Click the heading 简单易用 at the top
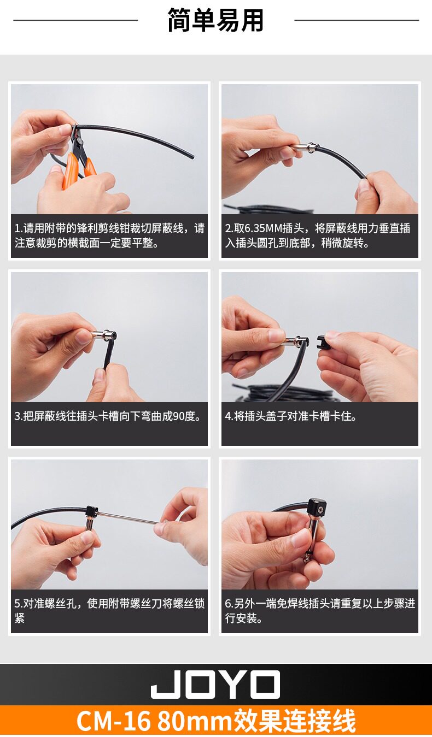tap(215, 20)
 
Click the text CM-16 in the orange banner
tap(113, 720)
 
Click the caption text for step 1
tap(109, 235)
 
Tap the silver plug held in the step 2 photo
tap(305, 149)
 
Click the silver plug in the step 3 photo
tap(104, 335)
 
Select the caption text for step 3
tap(108, 416)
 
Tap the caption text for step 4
tap(291, 416)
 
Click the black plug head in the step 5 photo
tap(92, 511)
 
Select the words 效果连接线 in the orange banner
tap(294, 720)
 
